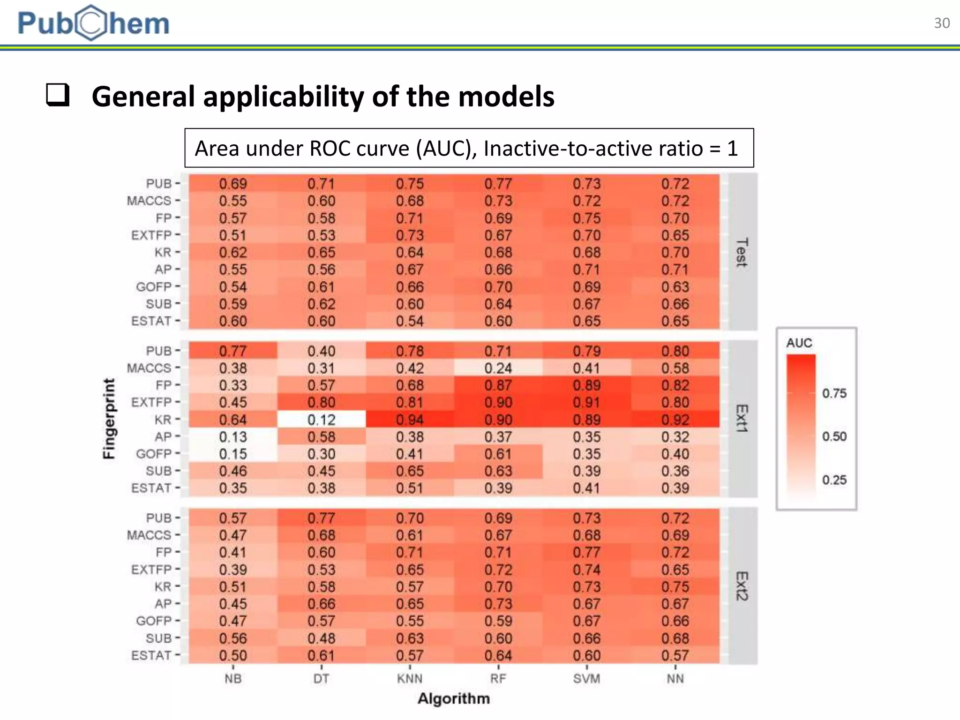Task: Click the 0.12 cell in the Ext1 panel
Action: [x=321, y=420]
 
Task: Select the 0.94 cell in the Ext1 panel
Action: [x=410, y=420]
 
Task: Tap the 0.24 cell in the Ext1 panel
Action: [x=498, y=368]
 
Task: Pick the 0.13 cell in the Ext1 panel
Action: [x=232, y=437]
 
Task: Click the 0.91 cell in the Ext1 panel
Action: [x=586, y=402]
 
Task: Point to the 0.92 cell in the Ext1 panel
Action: [x=675, y=420]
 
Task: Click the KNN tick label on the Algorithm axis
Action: [x=410, y=678]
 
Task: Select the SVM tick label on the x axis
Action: [x=586, y=678]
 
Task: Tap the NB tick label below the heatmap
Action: [x=232, y=678]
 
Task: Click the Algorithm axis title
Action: [x=453, y=698]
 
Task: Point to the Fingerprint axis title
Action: [x=109, y=419]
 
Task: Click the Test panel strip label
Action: [x=742, y=252]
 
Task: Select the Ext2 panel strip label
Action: [x=742, y=586]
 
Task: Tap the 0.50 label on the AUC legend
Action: [x=834, y=436]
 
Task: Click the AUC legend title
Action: [x=799, y=343]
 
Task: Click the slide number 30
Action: [x=942, y=23]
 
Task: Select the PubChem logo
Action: [x=93, y=23]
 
